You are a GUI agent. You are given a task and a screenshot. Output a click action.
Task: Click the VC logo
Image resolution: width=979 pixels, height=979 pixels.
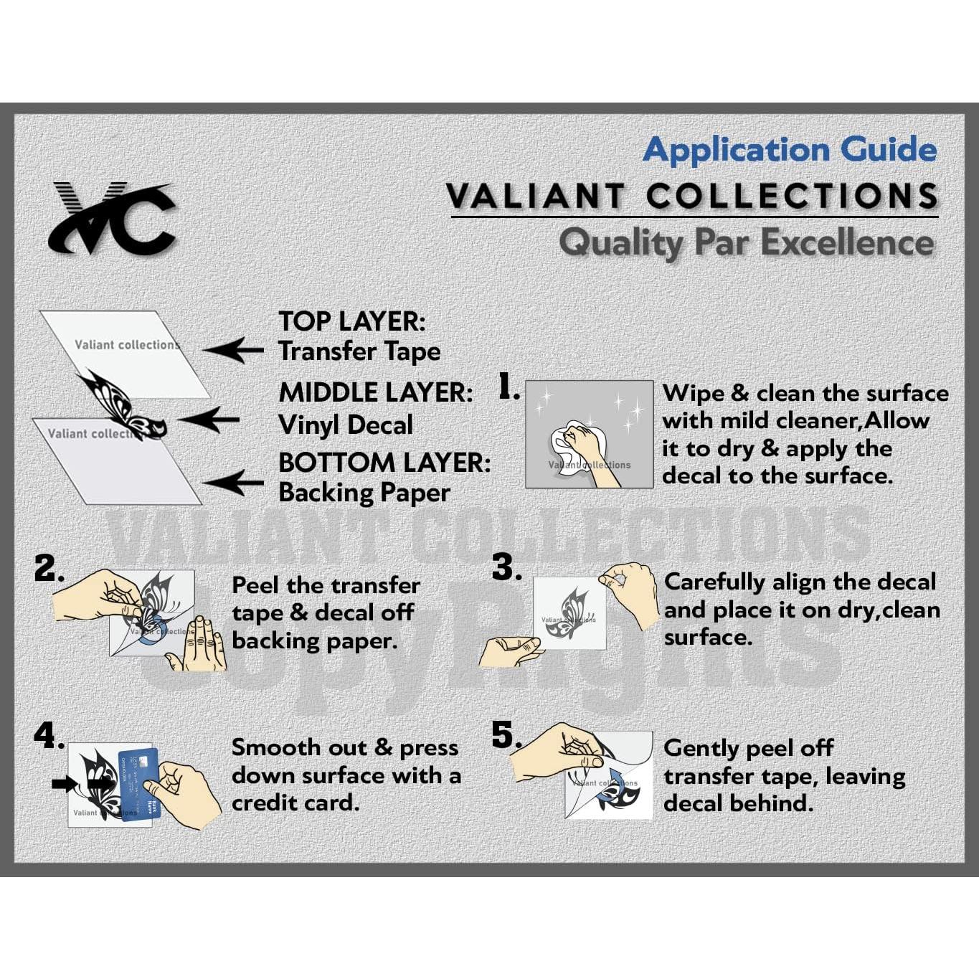point(113,218)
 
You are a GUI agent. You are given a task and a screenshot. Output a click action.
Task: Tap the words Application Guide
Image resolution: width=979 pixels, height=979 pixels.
point(790,150)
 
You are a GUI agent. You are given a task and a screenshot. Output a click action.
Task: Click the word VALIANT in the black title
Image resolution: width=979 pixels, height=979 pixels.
point(535,196)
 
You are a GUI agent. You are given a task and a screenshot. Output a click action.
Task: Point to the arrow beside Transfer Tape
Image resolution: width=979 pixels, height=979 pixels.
point(233,351)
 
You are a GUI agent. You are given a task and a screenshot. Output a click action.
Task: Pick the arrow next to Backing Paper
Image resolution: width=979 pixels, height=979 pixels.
point(233,483)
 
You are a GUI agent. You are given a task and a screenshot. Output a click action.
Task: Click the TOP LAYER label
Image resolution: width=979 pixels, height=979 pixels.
point(351,321)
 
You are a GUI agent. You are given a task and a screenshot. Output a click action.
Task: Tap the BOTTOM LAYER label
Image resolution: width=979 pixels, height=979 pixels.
point(384,463)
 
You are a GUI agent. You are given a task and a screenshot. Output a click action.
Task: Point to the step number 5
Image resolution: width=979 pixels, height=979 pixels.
point(506,735)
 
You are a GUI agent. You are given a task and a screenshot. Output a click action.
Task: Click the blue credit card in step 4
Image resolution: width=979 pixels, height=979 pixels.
point(138,782)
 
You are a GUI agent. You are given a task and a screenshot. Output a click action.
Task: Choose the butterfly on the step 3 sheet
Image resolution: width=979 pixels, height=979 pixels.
point(567,615)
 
